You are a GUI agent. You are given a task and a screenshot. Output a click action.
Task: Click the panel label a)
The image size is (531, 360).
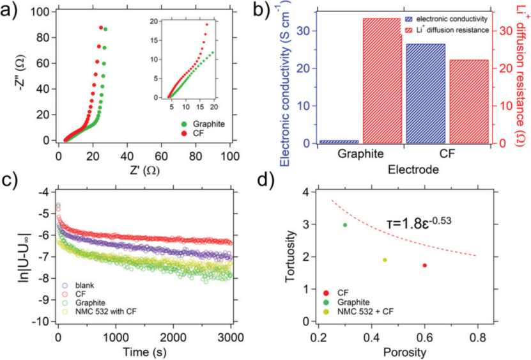tap(13, 12)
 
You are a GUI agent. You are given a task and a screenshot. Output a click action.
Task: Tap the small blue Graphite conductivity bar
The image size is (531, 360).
tap(339, 141)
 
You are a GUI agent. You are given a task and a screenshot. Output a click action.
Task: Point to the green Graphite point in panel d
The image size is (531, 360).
tap(345, 225)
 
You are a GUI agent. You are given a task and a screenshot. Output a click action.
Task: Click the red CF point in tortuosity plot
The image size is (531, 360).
tap(425, 265)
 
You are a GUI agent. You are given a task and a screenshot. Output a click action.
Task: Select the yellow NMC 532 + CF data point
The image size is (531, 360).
tap(385, 260)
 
